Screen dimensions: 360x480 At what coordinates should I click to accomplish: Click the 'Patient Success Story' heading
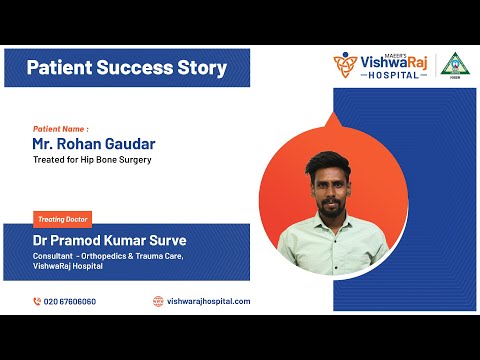tap(126, 68)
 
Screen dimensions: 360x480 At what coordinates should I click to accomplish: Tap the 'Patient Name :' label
tap(60, 129)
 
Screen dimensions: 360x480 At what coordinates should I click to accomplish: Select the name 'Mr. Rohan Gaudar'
tap(94, 144)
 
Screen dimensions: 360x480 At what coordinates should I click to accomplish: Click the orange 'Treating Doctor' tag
tap(62, 218)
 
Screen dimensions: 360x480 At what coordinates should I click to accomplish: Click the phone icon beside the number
tap(37, 301)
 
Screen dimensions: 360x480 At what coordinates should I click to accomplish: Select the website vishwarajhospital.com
tap(208, 301)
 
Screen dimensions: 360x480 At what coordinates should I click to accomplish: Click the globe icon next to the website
tap(158, 301)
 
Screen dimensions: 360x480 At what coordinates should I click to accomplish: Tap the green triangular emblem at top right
tap(456, 64)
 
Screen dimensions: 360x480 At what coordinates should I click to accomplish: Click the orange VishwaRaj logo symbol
tap(345, 66)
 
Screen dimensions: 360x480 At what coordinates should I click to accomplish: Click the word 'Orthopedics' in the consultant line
tap(113, 255)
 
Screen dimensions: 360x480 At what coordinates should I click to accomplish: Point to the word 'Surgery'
tap(134, 160)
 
